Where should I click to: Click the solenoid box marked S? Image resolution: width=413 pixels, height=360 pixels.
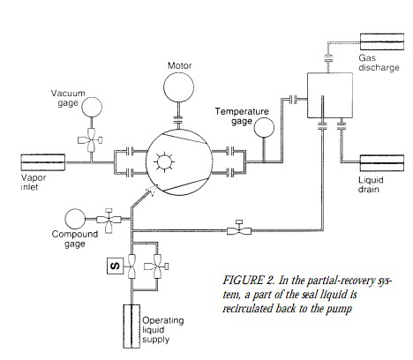115,266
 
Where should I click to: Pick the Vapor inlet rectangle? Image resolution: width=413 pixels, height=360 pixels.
43,162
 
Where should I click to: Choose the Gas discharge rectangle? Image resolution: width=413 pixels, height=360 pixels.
382,41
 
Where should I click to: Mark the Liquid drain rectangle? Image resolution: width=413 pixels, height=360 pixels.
382,163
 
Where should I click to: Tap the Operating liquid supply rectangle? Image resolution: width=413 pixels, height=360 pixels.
131,326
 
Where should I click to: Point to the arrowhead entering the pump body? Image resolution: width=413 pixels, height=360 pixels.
153,189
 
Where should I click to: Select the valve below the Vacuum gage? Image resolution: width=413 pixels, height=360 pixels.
91,140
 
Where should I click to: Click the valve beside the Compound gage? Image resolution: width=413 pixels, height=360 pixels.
109,220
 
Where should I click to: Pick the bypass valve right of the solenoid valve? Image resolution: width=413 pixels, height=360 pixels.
157,266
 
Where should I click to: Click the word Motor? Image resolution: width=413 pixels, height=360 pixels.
179,65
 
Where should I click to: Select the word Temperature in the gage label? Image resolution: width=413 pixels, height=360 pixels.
242,111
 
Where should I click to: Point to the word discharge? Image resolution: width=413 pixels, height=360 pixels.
379,68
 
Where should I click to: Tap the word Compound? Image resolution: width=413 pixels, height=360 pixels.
75,235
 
